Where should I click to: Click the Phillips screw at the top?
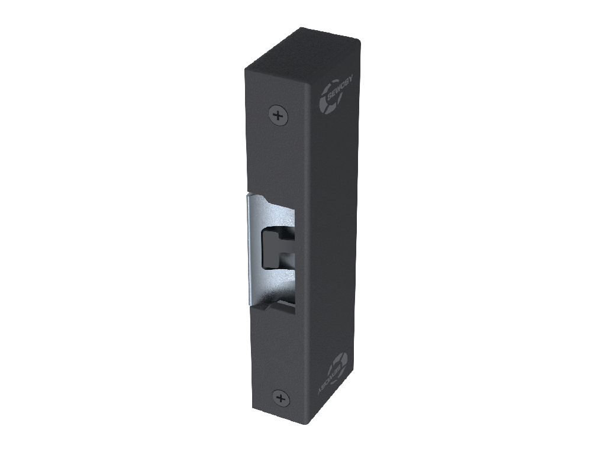click(x=278, y=114)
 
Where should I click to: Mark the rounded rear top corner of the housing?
click(x=356, y=40)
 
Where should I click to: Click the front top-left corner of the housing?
click(x=246, y=70)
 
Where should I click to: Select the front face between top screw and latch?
click(x=277, y=157)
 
